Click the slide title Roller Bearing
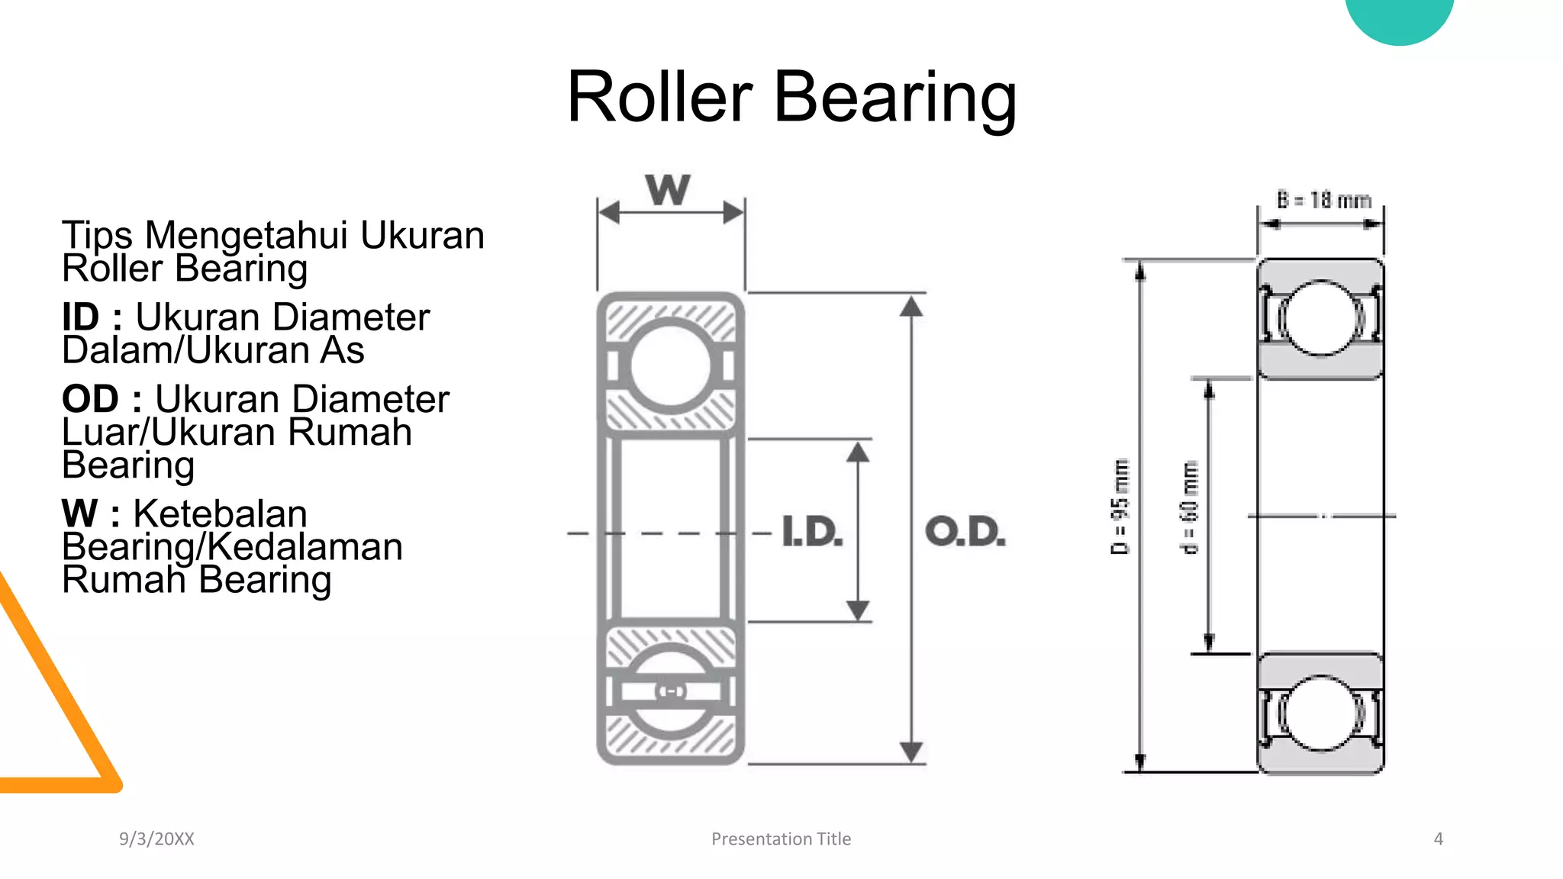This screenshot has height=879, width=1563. click(x=791, y=97)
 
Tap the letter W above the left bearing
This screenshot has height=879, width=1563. click(x=668, y=190)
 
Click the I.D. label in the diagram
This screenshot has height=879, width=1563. click(x=812, y=532)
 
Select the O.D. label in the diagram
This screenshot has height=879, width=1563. click(x=965, y=532)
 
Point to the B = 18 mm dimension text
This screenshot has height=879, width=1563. click(x=1324, y=201)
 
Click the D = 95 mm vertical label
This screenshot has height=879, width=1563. click(x=1120, y=507)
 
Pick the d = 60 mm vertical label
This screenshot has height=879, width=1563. click(x=1190, y=507)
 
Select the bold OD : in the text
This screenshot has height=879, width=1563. click(x=102, y=399)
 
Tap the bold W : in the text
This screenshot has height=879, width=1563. click(x=91, y=514)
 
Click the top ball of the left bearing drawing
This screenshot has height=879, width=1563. click(x=671, y=366)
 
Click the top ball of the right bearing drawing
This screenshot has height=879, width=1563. click(x=1321, y=318)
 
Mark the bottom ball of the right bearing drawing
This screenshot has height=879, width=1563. click(x=1321, y=713)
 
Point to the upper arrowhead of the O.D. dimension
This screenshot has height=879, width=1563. click(x=911, y=307)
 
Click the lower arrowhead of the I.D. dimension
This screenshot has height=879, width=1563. click(x=859, y=610)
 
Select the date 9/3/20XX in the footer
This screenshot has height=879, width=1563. click(x=156, y=839)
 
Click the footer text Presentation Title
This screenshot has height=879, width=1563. click(x=781, y=839)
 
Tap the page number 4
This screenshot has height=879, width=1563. click(x=1438, y=839)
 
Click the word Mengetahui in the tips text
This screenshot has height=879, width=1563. click(x=250, y=235)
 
